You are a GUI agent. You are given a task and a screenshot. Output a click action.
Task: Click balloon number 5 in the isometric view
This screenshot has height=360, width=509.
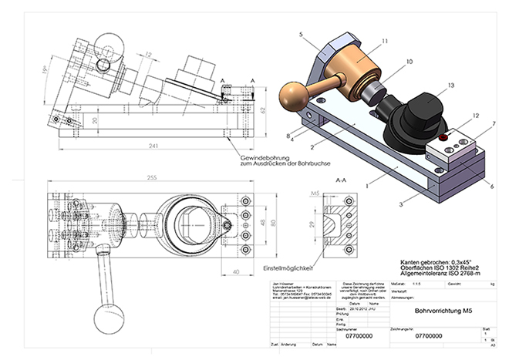click(302, 35)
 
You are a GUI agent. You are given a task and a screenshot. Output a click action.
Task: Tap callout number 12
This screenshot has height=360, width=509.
click(476, 116)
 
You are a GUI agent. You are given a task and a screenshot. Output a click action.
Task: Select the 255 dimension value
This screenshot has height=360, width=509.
click(150, 178)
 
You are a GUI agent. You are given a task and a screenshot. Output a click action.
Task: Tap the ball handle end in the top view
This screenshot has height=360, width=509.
click(99, 317)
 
